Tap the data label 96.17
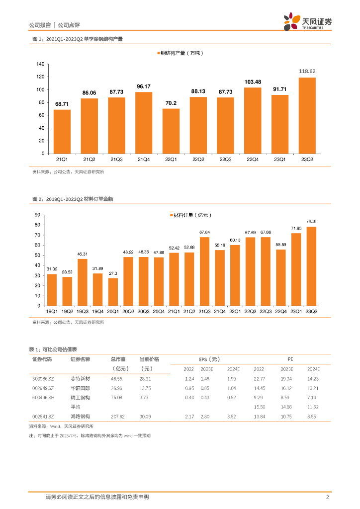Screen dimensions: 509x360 pos(144,86)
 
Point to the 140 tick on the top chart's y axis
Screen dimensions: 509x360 pos(41,64)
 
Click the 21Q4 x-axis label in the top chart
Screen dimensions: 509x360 pos(144,159)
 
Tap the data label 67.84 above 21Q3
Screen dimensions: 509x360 pos(204,232)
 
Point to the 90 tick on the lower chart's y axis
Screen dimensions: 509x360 pos(37,215)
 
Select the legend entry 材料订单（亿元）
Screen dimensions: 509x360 pos(191,215)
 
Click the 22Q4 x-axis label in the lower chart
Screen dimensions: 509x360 pos(281,311)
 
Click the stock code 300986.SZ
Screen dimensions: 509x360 pos(43,378)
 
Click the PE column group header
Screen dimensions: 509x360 pos(290,359)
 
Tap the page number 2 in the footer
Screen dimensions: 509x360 pos(328,497)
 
